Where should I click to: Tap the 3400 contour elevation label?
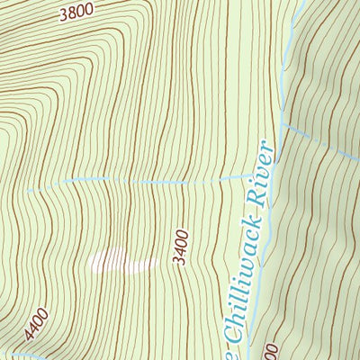click(181, 246)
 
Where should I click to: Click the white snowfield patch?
click(118, 262)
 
